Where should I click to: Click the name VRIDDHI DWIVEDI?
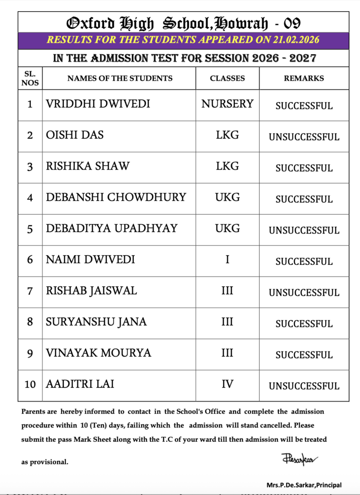coord(98,104)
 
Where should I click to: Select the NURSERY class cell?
coord(227,104)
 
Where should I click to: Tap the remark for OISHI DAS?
coord(304,137)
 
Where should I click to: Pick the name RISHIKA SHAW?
coord(87,166)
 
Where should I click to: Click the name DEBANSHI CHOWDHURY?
coord(116,197)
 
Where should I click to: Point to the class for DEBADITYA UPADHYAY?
coord(227,228)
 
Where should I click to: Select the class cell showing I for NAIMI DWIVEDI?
coord(227,260)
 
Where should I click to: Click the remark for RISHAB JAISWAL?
coord(304,292)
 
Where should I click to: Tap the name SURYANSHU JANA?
coord(96,321)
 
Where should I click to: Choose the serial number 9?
coord(30,353)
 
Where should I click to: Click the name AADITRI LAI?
coord(80,384)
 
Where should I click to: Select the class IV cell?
coord(227,384)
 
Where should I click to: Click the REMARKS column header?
coord(303,78)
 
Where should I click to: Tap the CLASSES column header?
coord(227,78)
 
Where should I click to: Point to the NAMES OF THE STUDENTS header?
coord(119,78)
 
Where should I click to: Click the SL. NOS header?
coord(30,78)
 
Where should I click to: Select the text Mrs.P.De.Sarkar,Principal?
coord(303,485)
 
